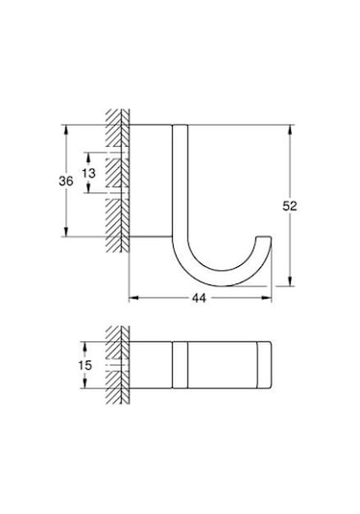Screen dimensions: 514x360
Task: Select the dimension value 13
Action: coord(88,173)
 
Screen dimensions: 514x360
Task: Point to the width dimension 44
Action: coord(200,299)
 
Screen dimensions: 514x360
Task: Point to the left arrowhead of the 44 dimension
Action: coord(132,298)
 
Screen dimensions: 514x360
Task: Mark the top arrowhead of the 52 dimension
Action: coord(291,126)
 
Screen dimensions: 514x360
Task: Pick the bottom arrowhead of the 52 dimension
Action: coord(291,281)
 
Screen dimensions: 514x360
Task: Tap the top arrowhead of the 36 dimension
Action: coord(66,126)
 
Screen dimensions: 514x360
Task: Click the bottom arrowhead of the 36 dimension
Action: coord(66,233)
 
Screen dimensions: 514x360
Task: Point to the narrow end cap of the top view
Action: coord(263,365)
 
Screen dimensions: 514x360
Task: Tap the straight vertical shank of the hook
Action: coord(180,183)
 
